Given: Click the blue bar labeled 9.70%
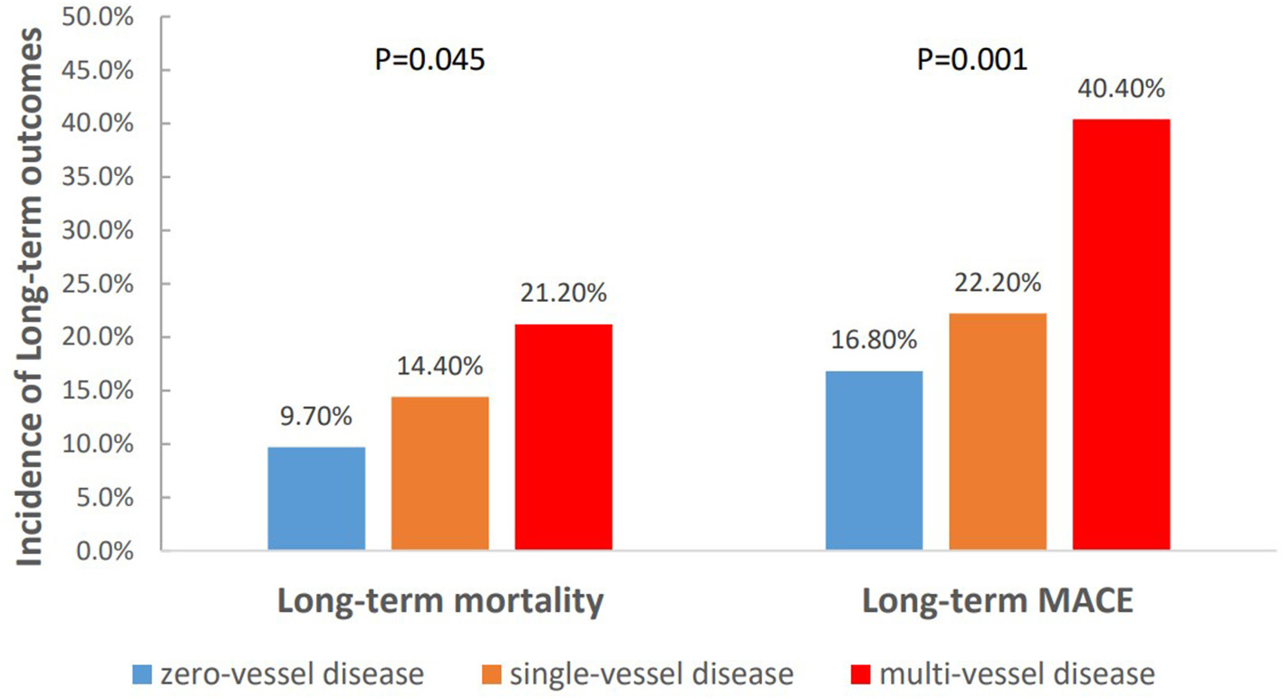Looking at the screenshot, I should (316, 499).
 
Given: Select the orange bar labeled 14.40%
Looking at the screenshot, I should (439, 473).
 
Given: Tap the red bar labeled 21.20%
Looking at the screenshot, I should (563, 437).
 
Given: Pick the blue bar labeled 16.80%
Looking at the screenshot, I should (874, 461).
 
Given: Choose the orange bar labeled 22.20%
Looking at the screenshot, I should (997, 432).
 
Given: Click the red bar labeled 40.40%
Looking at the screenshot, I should (1121, 335).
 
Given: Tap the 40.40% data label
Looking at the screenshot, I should (1120, 90).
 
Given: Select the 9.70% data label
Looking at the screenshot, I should (316, 418).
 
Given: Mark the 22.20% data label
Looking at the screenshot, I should (997, 284).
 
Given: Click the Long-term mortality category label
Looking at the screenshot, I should (439, 603).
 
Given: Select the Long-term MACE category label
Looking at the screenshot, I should (997, 603).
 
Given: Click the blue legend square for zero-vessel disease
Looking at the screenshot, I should (141, 675).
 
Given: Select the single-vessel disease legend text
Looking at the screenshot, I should (651, 675).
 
